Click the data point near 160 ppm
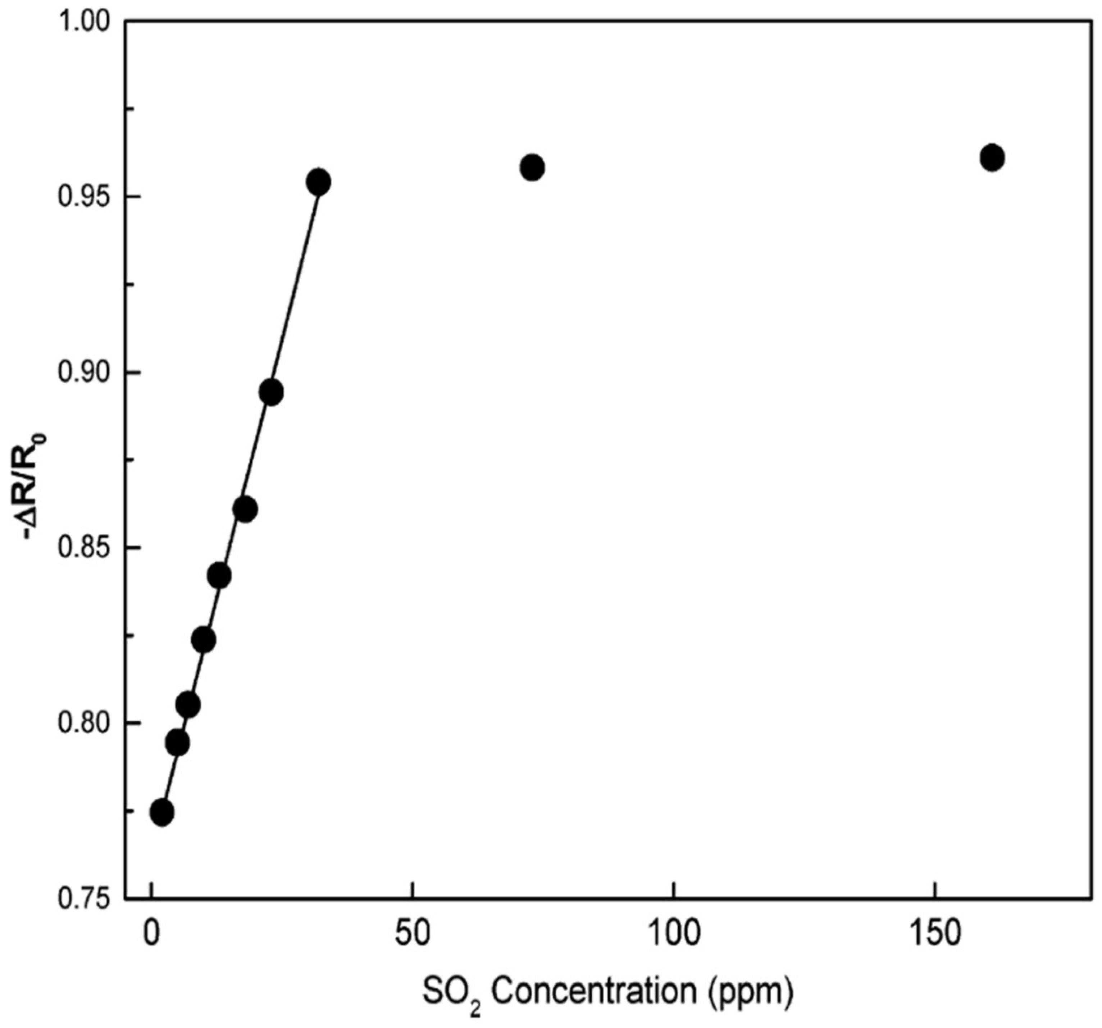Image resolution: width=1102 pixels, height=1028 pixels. click(992, 158)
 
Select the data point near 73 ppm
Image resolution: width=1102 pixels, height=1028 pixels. click(532, 167)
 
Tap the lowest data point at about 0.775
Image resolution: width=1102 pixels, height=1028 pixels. click(162, 812)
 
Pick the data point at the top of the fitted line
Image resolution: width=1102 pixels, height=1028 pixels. click(319, 182)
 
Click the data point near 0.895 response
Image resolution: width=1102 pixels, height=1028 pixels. click(271, 393)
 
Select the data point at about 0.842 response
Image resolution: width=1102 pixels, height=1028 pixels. click(219, 576)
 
